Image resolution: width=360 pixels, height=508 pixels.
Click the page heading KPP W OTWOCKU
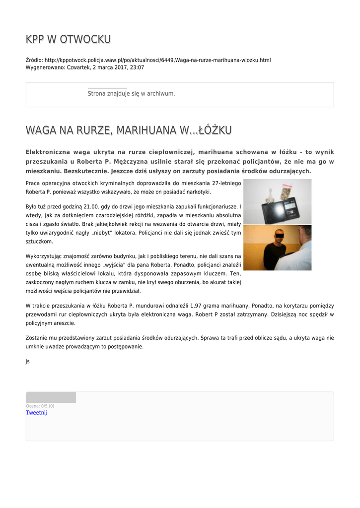point(68,39)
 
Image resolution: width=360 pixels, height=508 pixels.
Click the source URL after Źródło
point(158,60)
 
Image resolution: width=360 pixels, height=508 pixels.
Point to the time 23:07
point(137,67)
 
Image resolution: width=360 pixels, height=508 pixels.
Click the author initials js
point(28,361)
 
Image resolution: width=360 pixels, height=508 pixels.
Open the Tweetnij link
point(36,413)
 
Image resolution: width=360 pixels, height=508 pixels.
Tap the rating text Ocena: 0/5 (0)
point(40,406)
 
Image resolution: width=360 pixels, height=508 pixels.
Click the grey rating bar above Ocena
point(51,397)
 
